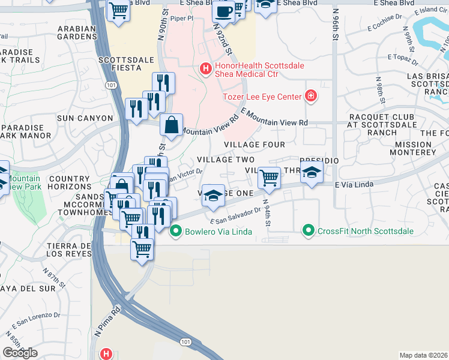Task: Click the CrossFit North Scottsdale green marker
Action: coord(309,230)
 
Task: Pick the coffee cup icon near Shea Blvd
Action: coord(223,11)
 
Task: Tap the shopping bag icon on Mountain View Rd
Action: coord(172,125)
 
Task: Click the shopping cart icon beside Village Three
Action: coord(269,177)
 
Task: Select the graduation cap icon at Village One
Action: coord(213,196)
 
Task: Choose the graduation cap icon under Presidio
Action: coord(312,173)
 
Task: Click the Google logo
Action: coord(20,353)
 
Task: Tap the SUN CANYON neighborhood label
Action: coord(85,118)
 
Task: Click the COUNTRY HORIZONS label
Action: coord(69,183)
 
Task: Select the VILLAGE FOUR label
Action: coord(254,145)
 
